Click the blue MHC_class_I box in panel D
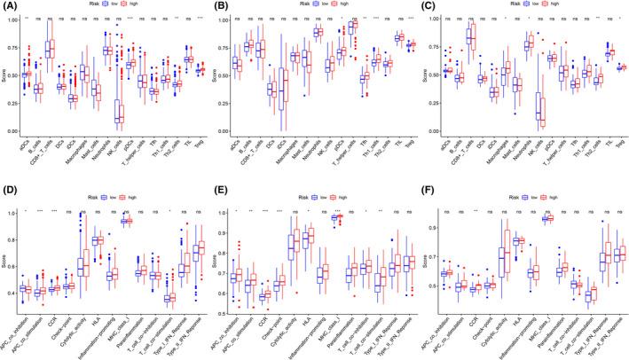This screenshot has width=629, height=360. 125,221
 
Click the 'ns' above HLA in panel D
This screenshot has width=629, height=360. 97,211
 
